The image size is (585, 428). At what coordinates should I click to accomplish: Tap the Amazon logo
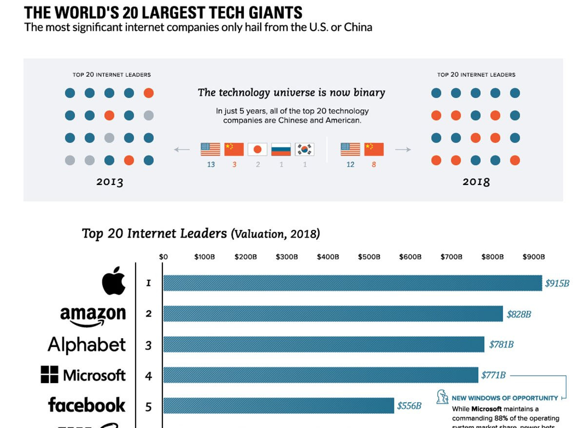(93, 315)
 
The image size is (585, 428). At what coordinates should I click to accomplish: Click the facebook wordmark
(87, 405)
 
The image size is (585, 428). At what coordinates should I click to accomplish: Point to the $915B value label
(557, 283)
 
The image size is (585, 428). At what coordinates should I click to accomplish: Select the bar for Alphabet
(323, 345)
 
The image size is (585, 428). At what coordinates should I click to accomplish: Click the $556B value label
(409, 406)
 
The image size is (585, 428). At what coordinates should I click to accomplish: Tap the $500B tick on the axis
(369, 257)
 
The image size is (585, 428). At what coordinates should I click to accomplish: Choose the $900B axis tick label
(533, 257)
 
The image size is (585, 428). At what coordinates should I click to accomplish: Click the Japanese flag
(257, 149)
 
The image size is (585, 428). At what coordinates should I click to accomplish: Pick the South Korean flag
(305, 149)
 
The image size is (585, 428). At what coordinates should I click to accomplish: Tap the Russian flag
(281, 149)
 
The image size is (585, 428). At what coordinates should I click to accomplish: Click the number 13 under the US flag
(211, 164)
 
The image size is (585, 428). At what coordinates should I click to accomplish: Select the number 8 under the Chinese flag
(374, 164)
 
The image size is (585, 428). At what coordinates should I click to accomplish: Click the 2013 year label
(110, 183)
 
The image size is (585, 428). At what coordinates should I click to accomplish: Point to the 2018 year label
(476, 182)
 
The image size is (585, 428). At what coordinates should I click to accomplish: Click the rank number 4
(149, 376)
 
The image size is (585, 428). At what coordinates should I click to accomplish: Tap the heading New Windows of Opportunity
(505, 398)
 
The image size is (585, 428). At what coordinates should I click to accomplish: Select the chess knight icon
(443, 397)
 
